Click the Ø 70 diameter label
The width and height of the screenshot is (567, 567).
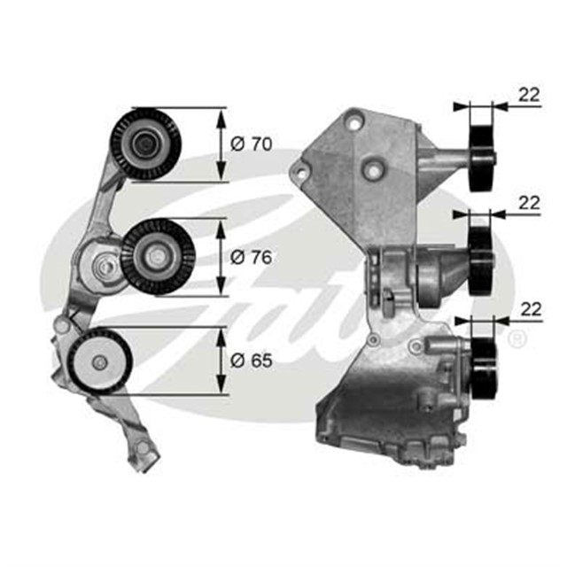[250, 144]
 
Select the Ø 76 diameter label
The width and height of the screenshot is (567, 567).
[250, 257]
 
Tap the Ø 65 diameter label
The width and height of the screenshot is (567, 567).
[250, 361]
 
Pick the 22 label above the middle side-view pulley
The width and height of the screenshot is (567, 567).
[529, 203]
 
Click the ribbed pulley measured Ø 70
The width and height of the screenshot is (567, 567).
[146, 144]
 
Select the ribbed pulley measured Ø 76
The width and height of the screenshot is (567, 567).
[157, 255]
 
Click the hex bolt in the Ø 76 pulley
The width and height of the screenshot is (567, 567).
[157, 256]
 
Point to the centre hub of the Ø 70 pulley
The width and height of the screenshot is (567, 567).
[144, 143]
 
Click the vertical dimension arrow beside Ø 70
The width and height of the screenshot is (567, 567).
[220, 144]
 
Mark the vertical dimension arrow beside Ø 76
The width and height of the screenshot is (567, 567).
[220, 257]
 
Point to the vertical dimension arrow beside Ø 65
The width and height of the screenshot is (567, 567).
[220, 361]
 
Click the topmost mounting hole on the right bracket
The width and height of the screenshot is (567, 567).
[353, 115]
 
